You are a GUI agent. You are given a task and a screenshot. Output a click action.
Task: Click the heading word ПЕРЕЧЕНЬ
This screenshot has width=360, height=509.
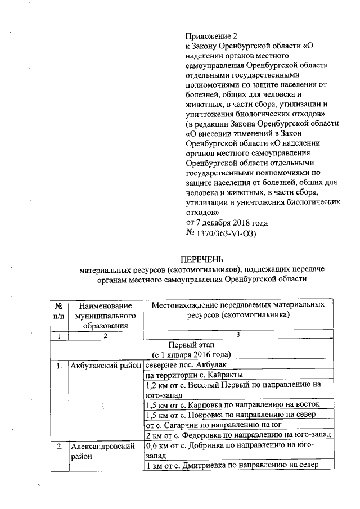click(x=201, y=259)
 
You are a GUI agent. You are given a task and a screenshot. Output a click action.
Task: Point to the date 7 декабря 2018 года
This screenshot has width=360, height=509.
click(x=223, y=222)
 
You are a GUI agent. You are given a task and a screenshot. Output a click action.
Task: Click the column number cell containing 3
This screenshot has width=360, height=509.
click(x=237, y=335)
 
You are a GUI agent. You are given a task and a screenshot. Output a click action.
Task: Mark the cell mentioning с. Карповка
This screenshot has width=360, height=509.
click(x=232, y=404)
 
